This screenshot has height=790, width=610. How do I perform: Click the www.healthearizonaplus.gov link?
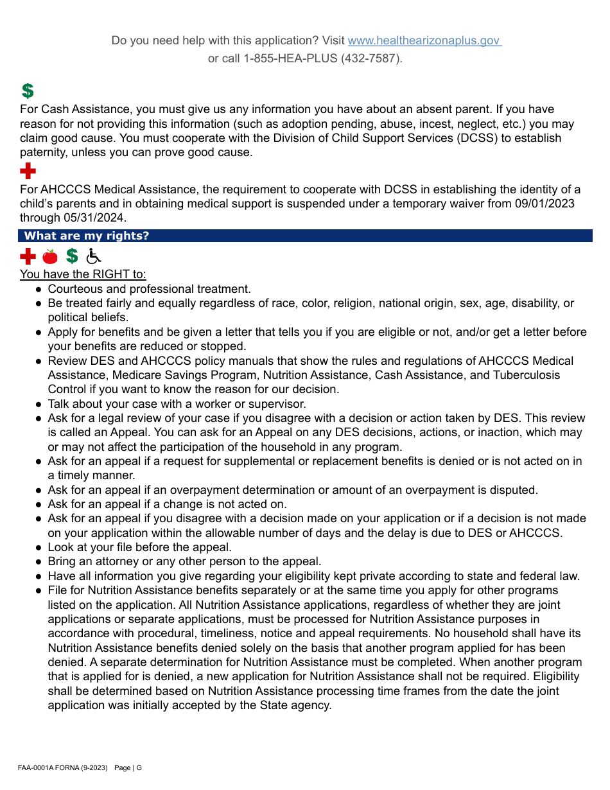click(424, 40)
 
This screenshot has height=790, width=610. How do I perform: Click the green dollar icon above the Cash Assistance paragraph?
click(27, 91)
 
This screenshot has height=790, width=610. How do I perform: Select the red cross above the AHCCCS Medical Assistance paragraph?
click(28, 171)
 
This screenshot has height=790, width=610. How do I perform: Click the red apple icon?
click(49, 256)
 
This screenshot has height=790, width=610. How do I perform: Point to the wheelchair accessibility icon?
click(94, 256)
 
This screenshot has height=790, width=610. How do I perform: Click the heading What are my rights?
click(86, 236)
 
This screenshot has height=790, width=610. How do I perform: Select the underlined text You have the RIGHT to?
click(83, 274)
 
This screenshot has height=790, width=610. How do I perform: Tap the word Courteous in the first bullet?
click(73, 289)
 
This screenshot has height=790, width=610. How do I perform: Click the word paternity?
click(44, 152)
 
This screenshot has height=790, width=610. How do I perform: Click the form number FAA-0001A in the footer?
click(37, 768)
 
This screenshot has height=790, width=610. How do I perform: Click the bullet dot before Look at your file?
click(39, 548)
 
